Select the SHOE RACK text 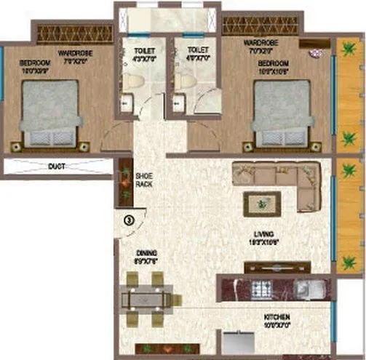[143, 180]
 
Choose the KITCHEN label [277, 318]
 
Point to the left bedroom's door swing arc [114, 138]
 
